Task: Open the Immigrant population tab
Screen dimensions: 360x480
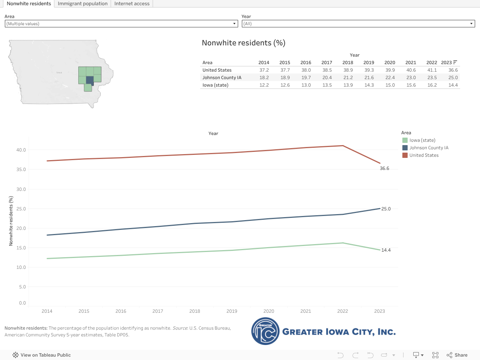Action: [82, 4]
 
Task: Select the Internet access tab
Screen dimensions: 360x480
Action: [132, 4]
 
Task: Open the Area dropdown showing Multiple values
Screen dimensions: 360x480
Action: [121, 24]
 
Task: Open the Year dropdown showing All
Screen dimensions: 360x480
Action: [358, 24]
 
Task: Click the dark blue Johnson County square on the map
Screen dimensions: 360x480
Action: [90, 80]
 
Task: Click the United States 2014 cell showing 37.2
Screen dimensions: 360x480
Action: [264, 70]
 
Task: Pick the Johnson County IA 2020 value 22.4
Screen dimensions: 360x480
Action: [390, 78]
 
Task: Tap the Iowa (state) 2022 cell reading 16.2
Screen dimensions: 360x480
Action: [432, 85]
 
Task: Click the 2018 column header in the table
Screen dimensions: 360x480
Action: [348, 63]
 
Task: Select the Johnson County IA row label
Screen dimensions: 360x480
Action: [222, 78]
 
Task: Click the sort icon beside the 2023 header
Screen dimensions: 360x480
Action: [455, 62]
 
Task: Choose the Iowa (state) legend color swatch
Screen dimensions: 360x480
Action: [405, 140]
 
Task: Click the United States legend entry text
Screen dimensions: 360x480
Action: [424, 155]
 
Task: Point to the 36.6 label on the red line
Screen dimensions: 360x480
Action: [384, 168]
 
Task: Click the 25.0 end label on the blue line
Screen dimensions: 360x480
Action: [386, 209]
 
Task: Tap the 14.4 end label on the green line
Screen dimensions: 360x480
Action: [386, 250]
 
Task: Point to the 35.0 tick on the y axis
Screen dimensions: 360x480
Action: [21, 169]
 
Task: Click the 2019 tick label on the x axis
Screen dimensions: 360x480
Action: [232, 311]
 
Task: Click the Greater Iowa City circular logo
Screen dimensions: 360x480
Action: [265, 331]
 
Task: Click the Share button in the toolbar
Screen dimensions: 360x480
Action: [457, 355]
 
